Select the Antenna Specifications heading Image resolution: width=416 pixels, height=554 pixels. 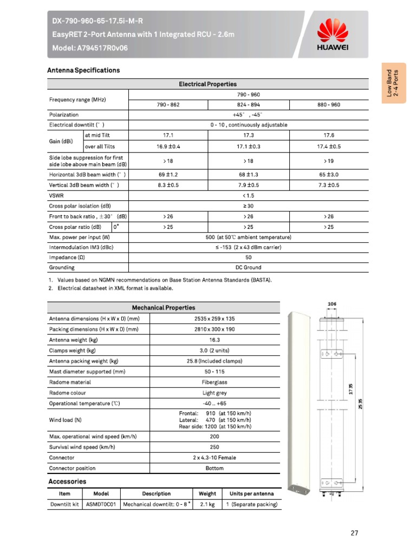[84, 70]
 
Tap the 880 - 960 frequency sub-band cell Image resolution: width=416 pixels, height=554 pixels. [329, 104]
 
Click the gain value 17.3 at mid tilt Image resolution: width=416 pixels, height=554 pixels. [248, 135]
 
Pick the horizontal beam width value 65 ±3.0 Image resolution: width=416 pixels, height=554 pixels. [329, 175]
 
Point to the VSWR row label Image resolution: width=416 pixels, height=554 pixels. [57, 195]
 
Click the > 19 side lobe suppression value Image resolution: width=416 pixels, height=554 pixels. [329, 161]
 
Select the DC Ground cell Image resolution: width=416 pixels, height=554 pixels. [248, 267]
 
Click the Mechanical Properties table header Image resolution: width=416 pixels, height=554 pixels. [164, 307]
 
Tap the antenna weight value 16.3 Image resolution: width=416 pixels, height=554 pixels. [214, 340]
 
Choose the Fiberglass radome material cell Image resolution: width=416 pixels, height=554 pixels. [214, 382]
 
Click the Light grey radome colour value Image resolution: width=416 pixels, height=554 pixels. [214, 393]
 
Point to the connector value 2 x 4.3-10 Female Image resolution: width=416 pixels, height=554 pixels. [214, 458]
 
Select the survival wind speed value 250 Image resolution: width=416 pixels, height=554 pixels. [214, 447]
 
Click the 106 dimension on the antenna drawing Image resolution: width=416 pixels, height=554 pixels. [332, 305]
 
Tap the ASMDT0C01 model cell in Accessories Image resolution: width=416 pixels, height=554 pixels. [101, 504]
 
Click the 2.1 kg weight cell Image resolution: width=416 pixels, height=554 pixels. [207, 504]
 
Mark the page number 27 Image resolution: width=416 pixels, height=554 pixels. [354, 533]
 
